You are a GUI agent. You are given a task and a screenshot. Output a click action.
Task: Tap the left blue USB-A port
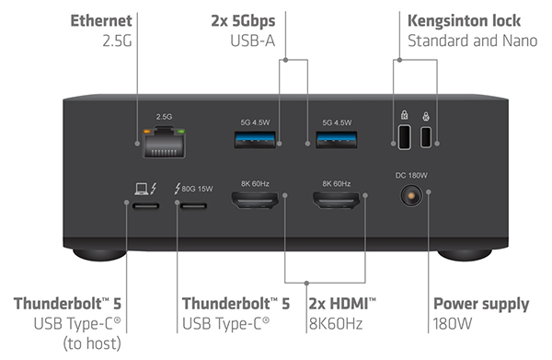255,140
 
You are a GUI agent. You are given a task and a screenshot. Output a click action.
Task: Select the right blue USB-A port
337,140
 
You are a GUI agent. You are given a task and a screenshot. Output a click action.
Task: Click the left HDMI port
255,200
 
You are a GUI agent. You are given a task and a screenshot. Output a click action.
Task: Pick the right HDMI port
336,200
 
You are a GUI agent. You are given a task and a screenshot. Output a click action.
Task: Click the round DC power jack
411,196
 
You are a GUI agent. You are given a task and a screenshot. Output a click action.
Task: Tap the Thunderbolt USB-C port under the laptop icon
145,205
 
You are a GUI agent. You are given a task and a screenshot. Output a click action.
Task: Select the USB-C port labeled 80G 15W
193,205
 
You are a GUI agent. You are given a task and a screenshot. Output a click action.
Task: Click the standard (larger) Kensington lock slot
404,137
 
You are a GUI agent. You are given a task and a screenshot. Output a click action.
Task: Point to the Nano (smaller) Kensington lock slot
426,137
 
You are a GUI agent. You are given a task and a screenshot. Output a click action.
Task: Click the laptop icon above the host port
142,189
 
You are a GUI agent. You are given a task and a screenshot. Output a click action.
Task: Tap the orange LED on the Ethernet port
147,132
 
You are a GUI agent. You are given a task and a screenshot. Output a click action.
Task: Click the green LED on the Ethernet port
181,132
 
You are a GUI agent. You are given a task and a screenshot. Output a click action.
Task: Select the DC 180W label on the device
411,176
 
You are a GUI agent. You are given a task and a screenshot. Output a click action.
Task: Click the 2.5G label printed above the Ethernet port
164,117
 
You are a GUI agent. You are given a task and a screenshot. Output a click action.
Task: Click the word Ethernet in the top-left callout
101,20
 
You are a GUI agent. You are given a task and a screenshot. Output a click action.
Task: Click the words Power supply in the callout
481,305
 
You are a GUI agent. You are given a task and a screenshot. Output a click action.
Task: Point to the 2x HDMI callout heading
342,304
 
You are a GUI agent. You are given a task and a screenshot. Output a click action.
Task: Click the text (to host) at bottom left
92,343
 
